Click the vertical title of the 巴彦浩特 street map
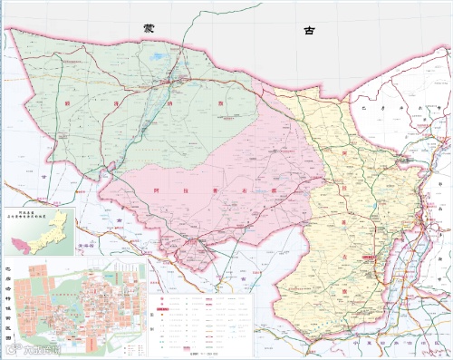click(9, 298)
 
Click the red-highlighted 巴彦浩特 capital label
click(368, 258)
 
